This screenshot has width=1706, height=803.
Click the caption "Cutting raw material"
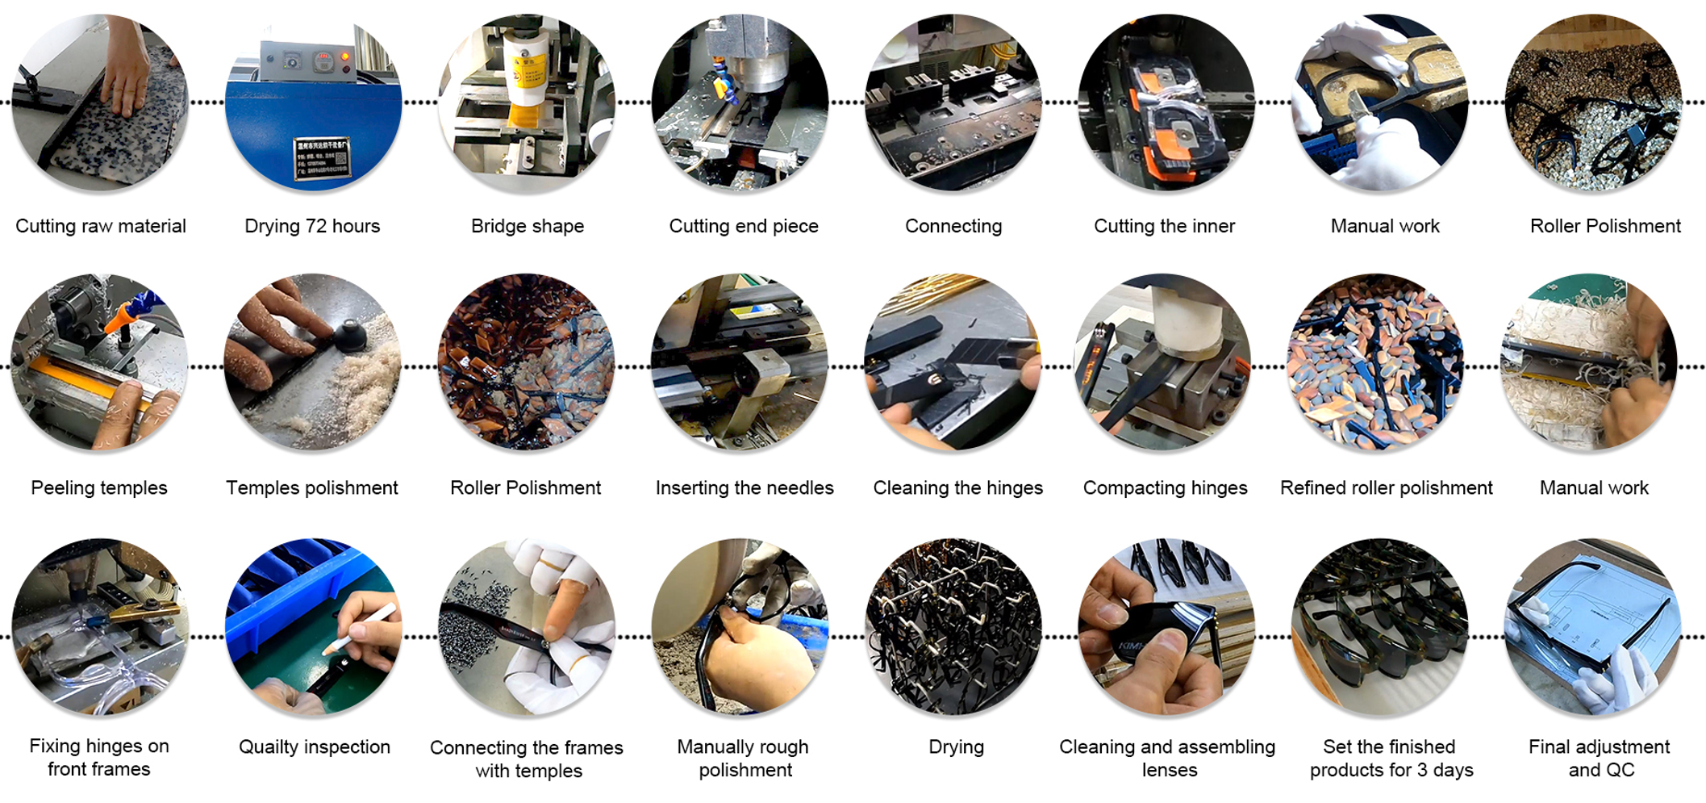tap(101, 226)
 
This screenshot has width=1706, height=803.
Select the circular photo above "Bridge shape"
tap(527, 102)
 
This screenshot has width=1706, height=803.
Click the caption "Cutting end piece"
tap(744, 226)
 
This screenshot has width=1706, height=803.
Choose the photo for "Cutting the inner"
tap(1166, 102)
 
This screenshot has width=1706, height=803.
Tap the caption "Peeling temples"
tap(99, 487)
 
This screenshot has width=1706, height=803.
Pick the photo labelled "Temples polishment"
tap(313, 362)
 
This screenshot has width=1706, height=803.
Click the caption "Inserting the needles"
tap(745, 487)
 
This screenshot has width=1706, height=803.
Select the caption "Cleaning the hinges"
tap(958, 487)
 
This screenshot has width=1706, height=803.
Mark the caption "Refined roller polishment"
tap(1387, 487)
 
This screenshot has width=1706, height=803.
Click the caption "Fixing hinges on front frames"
tap(99, 757)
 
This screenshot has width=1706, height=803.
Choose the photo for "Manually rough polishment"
tap(740, 627)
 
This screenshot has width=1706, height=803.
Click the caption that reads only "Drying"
tap(956, 747)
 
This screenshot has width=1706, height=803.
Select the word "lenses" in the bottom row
tap(1170, 770)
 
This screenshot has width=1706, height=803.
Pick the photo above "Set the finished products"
tap(1380, 627)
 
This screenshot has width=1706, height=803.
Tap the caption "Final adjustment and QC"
tap(1600, 758)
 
